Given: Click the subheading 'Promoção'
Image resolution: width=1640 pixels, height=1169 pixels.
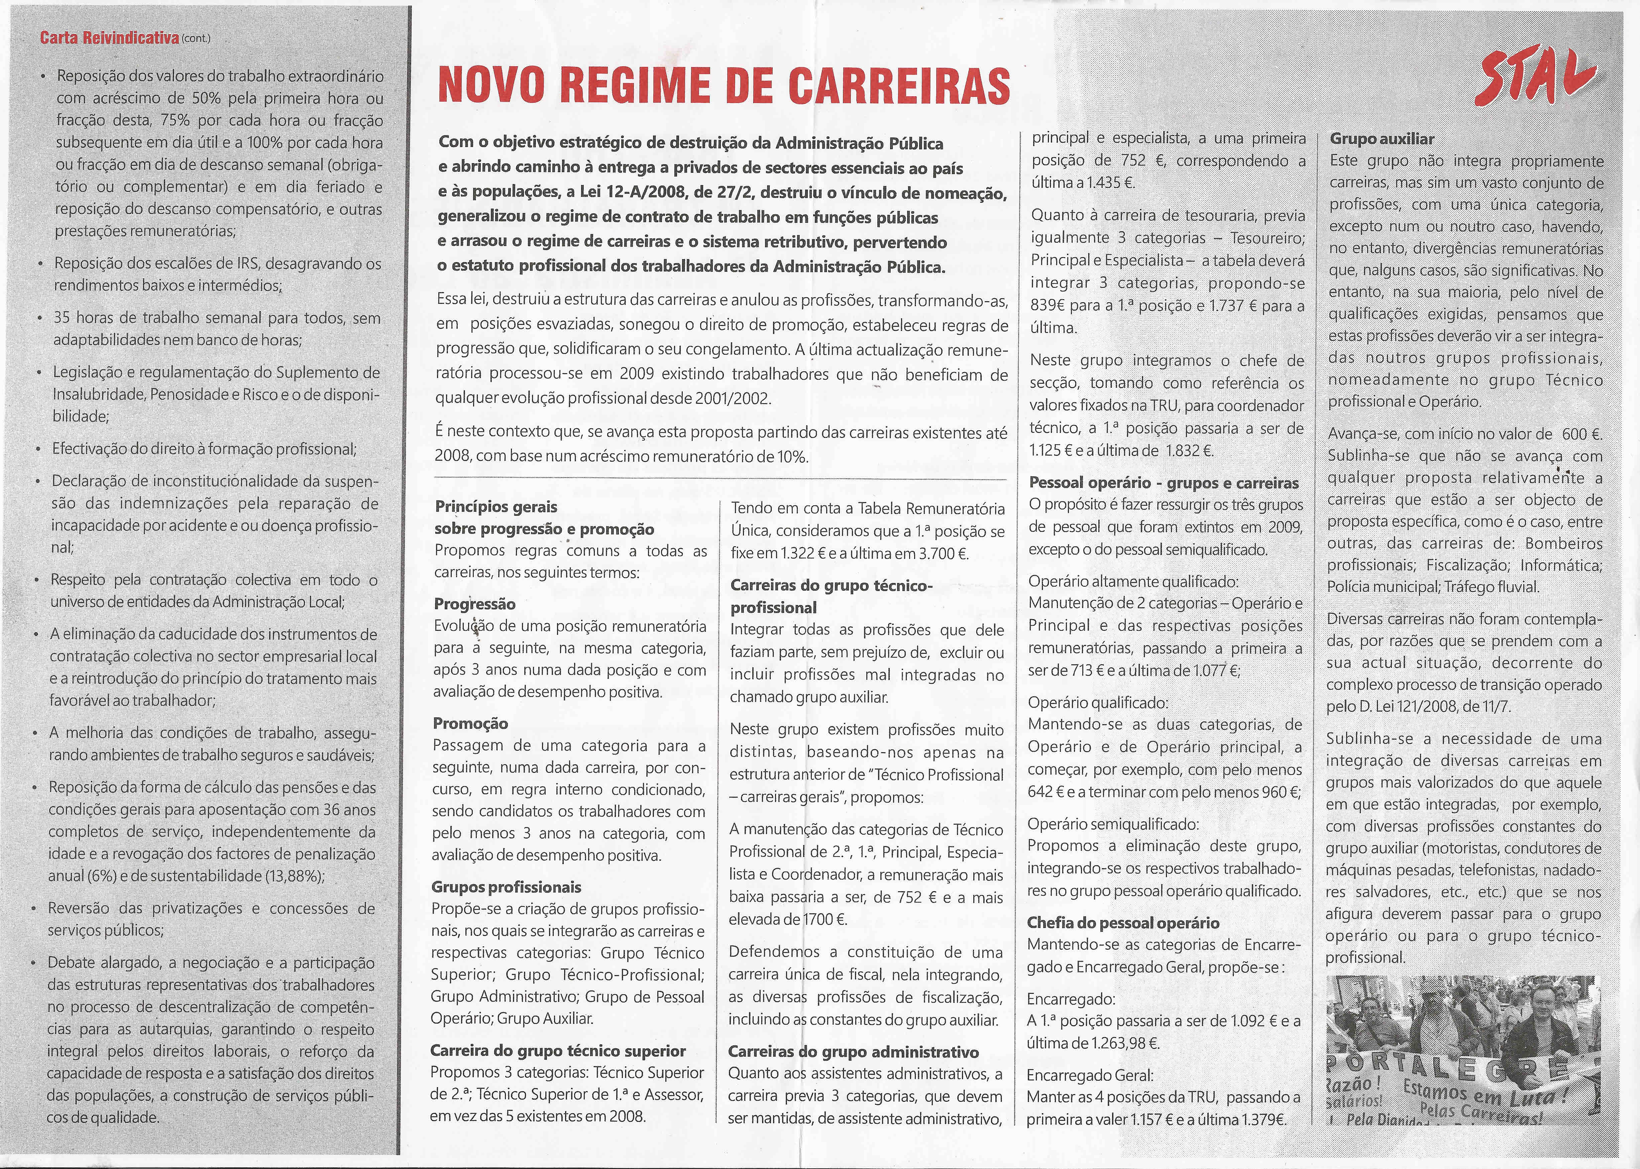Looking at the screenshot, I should pyautogui.click(x=471, y=723).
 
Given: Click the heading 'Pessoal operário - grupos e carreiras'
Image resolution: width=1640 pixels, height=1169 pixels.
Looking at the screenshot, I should pyautogui.click(x=1164, y=483).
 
